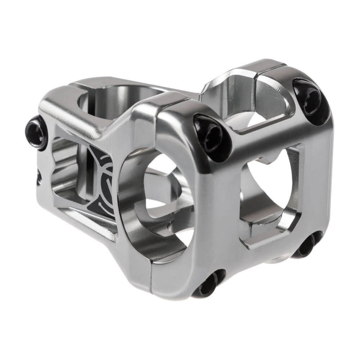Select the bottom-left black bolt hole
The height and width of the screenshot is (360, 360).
click(209, 285)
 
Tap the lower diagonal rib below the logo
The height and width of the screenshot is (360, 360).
click(87, 219)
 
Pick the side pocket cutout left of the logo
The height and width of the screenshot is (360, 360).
click(66, 175)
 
